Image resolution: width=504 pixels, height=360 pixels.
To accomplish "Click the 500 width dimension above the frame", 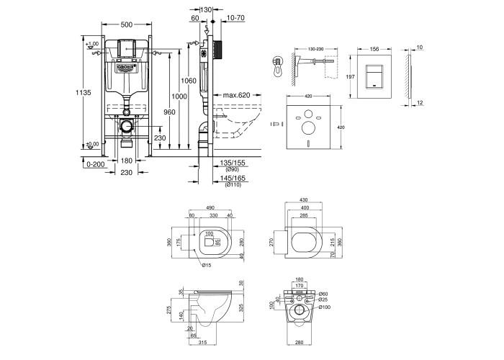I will click(x=126, y=24).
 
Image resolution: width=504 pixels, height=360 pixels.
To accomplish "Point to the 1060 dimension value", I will click(x=189, y=81).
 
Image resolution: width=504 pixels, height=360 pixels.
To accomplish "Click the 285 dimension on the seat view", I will click(x=304, y=217).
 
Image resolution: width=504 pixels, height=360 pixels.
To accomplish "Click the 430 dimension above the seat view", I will click(x=304, y=199).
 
